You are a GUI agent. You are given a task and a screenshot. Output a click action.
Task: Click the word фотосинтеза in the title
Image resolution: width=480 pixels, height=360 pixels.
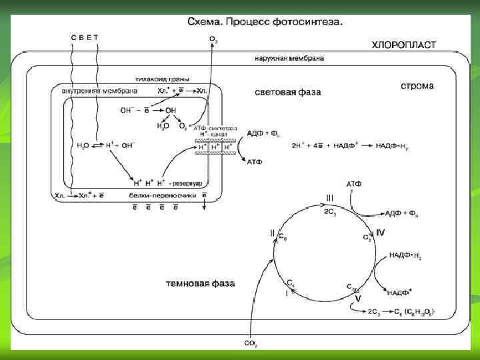(x=311, y=21)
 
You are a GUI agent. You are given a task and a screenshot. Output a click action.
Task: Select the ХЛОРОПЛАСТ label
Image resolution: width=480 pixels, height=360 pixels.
(x=403, y=45)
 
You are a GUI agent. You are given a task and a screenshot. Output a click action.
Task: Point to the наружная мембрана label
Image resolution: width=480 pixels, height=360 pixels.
(x=289, y=58)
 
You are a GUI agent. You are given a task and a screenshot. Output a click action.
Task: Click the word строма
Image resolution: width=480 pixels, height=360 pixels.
(x=417, y=86)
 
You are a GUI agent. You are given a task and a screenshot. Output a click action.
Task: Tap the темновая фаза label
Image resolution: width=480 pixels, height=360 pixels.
(x=200, y=283)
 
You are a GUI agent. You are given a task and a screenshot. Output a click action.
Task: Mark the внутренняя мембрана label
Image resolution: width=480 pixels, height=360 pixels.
(x=100, y=91)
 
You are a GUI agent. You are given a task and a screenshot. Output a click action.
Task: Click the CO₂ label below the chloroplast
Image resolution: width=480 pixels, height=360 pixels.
(x=251, y=343)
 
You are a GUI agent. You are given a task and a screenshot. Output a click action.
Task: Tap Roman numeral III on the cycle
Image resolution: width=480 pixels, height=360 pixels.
(x=329, y=197)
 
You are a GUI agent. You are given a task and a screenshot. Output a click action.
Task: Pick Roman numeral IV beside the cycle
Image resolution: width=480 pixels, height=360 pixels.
(x=380, y=232)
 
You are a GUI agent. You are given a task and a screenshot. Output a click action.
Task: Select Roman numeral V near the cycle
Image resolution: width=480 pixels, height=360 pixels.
(x=357, y=299)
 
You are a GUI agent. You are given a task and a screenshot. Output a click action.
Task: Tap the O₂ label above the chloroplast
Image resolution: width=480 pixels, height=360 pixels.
(x=213, y=40)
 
